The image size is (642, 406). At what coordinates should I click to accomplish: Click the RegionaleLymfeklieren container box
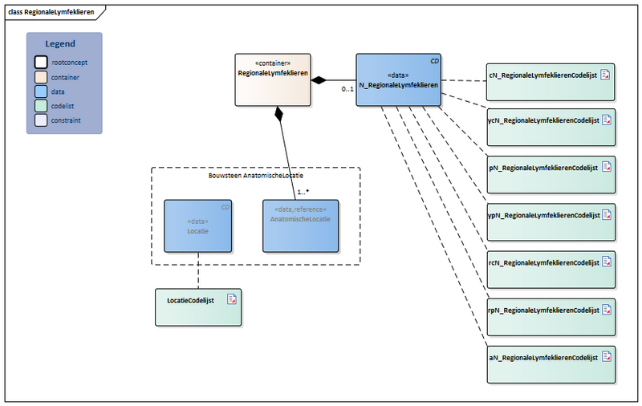[273, 79]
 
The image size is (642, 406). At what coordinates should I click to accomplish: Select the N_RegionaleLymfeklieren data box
[398, 79]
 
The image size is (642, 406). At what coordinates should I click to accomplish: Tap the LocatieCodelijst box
[197, 307]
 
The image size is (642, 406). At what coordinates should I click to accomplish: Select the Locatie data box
[197, 226]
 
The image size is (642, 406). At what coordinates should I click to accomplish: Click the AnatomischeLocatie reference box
[300, 226]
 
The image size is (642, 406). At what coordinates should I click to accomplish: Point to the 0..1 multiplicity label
[347, 89]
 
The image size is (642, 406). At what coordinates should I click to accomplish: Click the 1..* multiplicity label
[303, 193]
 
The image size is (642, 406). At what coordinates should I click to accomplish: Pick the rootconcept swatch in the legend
[41, 63]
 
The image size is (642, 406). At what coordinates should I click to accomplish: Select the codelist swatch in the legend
[41, 106]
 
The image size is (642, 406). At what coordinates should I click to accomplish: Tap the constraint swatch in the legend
[41, 120]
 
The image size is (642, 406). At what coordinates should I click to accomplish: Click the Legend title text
[60, 44]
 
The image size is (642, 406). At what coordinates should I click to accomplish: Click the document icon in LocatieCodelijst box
[231, 299]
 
